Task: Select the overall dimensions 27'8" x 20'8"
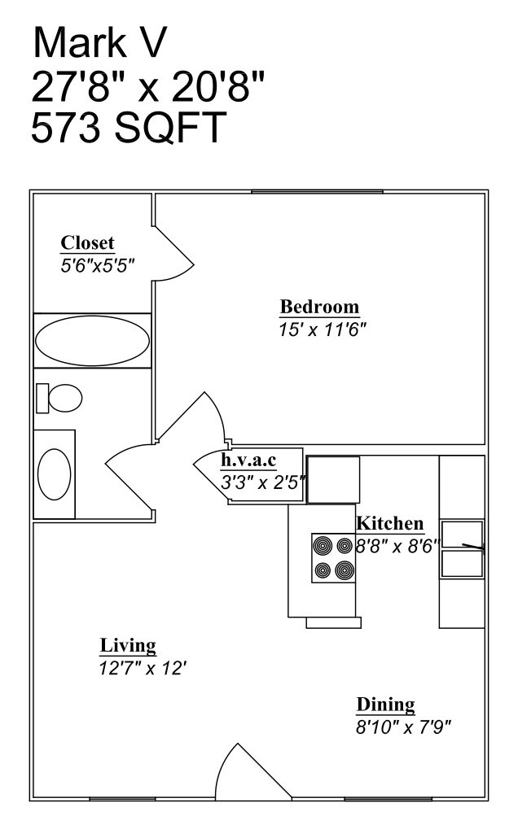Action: click(148, 85)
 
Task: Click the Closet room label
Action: click(88, 242)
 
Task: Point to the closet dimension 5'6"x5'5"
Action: click(97, 264)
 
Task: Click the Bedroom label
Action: click(319, 307)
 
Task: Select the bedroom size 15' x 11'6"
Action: click(323, 329)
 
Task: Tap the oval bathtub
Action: click(90, 340)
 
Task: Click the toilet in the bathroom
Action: click(60, 398)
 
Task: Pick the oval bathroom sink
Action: click(55, 474)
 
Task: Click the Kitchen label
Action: click(390, 523)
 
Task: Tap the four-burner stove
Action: click(334, 557)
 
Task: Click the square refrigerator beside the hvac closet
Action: click(332, 479)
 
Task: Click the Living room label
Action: click(128, 646)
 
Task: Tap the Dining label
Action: click(385, 705)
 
